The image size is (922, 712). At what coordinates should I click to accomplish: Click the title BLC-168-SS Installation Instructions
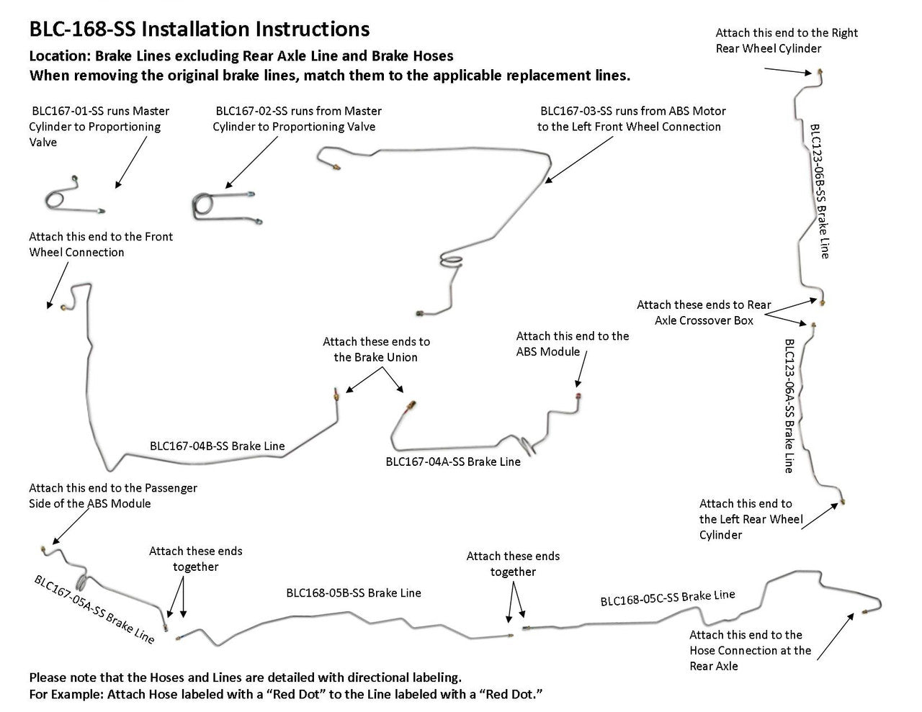pos(199,29)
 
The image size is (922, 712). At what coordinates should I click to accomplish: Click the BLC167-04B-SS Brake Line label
pos(217,446)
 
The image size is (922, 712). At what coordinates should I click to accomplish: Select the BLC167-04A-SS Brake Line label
pos(452,461)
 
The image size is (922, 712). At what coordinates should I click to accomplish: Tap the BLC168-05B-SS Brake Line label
pos(353,593)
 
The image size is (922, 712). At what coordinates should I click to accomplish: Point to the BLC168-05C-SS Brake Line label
pos(667,598)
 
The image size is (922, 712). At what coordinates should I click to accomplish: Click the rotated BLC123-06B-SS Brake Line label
pos(820,190)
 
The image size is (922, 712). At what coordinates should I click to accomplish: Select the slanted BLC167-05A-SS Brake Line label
pos(94,609)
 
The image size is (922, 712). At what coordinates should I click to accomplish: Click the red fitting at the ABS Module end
pos(577,395)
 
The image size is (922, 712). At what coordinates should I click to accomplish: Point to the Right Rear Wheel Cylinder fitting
pos(820,73)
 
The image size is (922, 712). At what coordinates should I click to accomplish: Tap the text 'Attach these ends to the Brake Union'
pos(376,349)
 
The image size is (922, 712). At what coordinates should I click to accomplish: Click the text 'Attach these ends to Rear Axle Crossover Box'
pos(704,312)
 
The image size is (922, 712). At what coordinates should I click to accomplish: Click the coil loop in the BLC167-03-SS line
pos(452,261)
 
